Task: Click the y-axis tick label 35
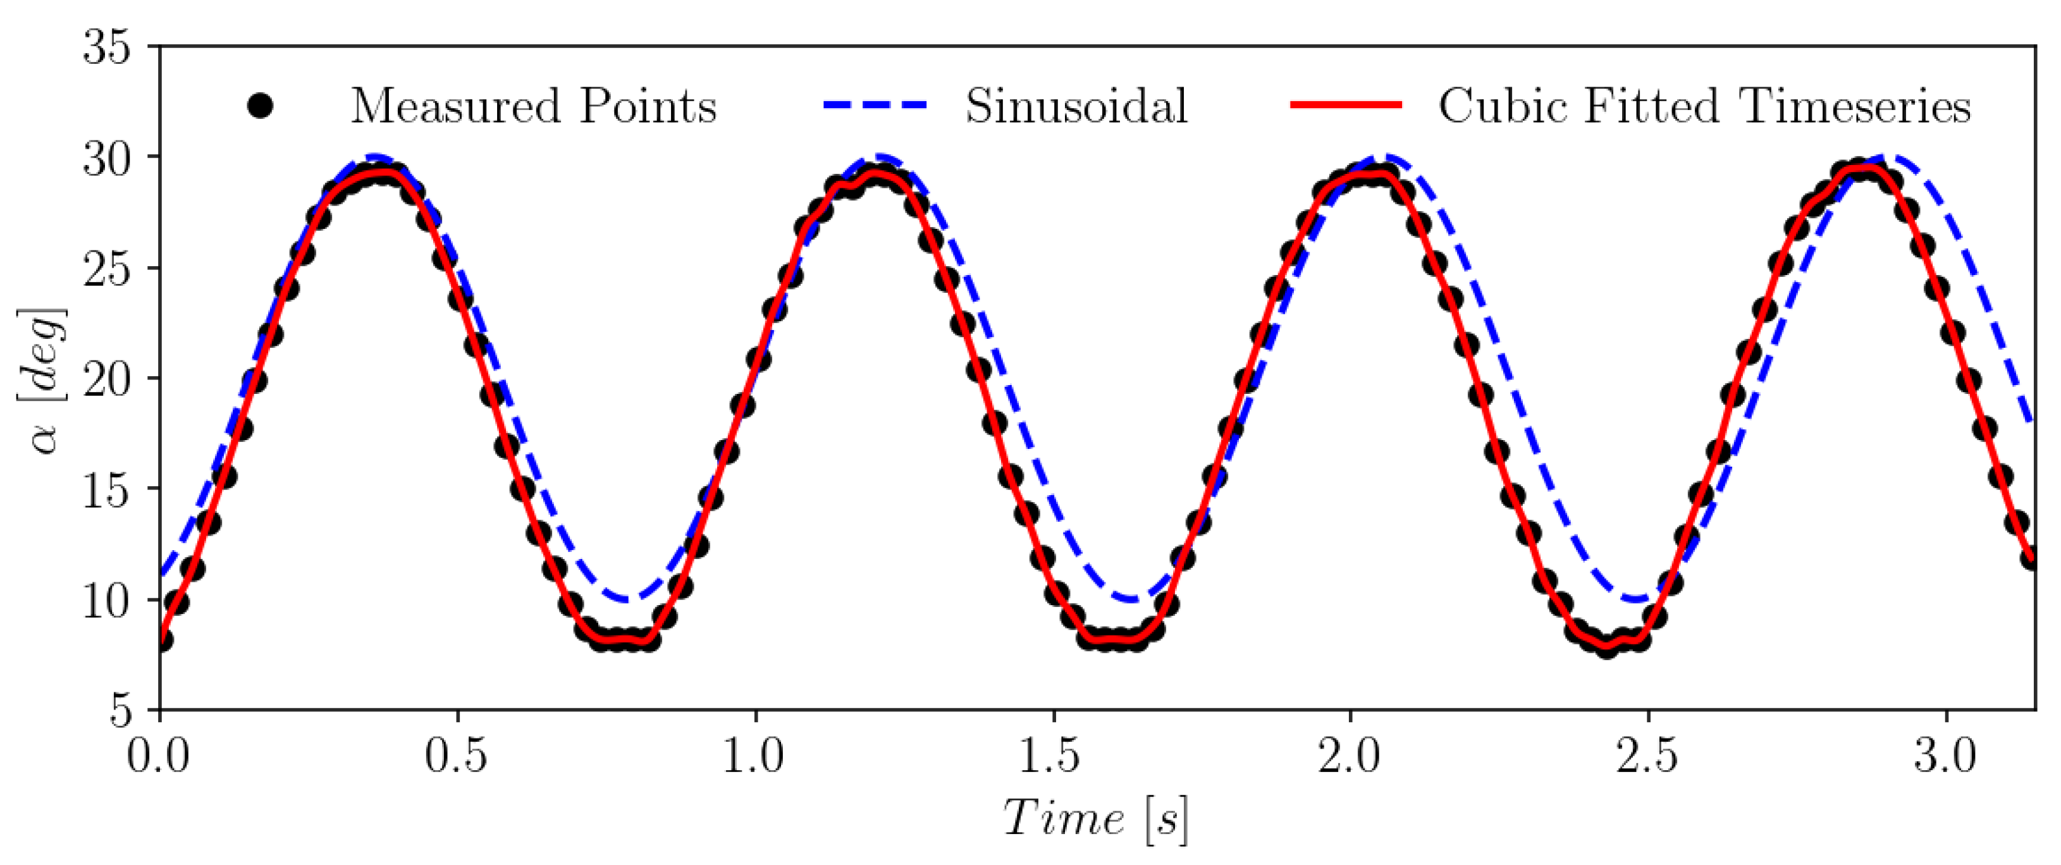106,48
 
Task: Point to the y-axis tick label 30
106,159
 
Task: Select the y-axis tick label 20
106,379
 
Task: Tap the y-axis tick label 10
106,600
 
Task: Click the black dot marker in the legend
260,106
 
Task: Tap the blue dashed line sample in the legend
875,106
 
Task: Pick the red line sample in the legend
1346,106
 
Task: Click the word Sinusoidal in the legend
1076,106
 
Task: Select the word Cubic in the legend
1498,106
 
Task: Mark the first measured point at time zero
162,639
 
